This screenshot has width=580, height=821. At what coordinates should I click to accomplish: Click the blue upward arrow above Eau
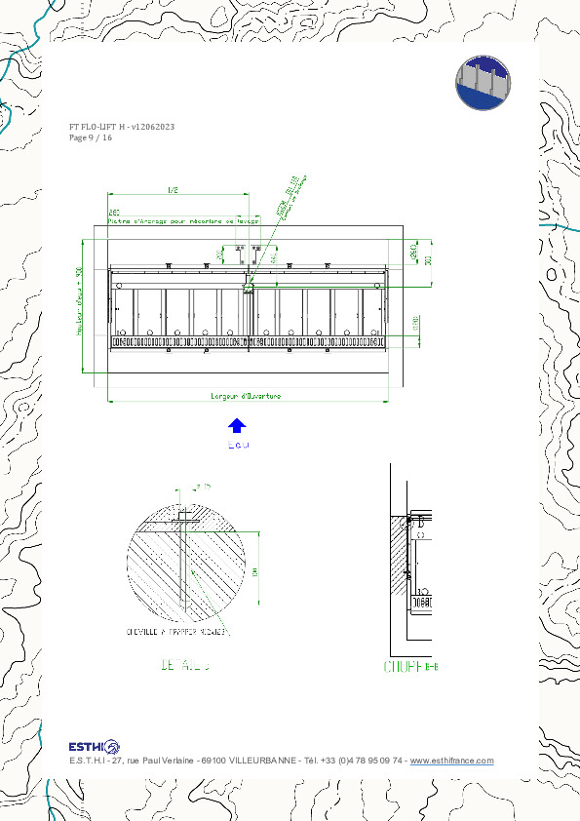(237, 425)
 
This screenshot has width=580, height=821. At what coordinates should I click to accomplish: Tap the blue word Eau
(238, 446)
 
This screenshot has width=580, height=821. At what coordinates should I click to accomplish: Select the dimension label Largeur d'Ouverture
(246, 396)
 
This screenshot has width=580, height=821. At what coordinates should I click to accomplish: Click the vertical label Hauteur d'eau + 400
(79, 302)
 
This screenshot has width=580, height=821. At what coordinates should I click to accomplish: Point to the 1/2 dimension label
(174, 190)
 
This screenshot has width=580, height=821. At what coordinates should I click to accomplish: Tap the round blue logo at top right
(483, 82)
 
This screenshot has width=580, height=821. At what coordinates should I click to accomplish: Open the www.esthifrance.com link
(451, 762)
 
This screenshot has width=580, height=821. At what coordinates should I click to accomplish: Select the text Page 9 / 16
(91, 138)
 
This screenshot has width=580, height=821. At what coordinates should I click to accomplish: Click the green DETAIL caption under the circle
(184, 667)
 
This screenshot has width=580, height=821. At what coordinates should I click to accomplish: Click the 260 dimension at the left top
(114, 212)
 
